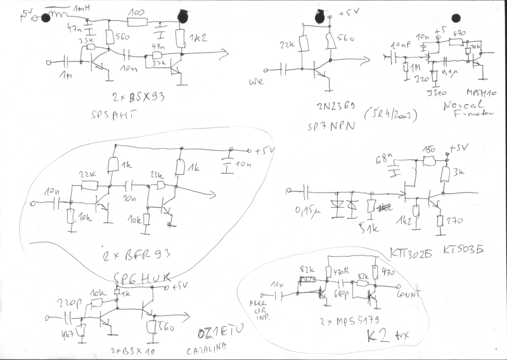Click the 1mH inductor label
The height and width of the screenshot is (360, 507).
point(82,7)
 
